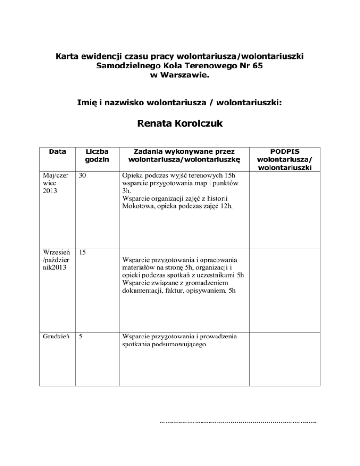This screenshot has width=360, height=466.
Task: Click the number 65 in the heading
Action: (x=257, y=66)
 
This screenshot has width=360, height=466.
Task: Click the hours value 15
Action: (x=83, y=252)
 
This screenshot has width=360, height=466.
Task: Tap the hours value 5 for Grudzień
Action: (x=81, y=336)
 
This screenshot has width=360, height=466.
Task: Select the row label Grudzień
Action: (x=55, y=336)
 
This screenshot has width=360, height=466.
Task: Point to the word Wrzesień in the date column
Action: (x=55, y=252)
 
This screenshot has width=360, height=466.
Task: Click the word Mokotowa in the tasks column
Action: (x=135, y=207)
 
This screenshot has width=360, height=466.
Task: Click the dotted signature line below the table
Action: (x=238, y=422)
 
